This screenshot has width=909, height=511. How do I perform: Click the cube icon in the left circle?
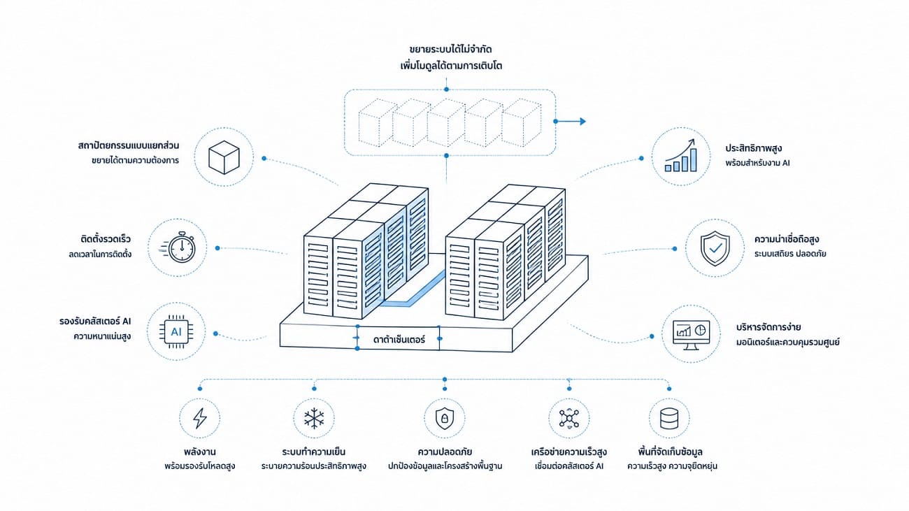pyautogui.click(x=224, y=157)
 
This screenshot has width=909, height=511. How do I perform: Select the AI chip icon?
pyautogui.click(x=176, y=332)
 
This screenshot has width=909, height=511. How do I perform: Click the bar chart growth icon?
pyautogui.click(x=681, y=156)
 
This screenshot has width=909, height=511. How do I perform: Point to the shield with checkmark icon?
pyautogui.click(x=715, y=248)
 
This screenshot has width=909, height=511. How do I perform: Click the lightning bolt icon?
pyautogui.click(x=200, y=418)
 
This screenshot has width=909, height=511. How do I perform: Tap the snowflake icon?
pyautogui.click(x=314, y=419)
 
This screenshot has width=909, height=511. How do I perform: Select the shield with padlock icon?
pyautogui.click(x=444, y=419)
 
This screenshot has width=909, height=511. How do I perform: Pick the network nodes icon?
pyautogui.click(x=569, y=418)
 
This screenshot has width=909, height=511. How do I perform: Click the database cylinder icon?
pyautogui.click(x=669, y=419)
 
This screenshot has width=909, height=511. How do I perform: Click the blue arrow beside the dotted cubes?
pyautogui.click(x=570, y=121)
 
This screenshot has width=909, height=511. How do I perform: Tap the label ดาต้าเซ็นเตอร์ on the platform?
pyautogui.click(x=399, y=339)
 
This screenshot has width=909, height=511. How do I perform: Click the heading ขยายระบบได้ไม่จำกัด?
pyautogui.click(x=450, y=50)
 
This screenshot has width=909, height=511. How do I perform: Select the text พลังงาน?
pyautogui.click(x=200, y=452)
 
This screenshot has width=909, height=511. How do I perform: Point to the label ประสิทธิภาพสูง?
pyautogui.click(x=754, y=148)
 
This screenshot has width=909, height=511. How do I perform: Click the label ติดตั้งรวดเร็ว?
pyautogui.click(x=106, y=238)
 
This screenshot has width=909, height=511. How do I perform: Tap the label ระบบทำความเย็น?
pyautogui.click(x=314, y=452)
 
